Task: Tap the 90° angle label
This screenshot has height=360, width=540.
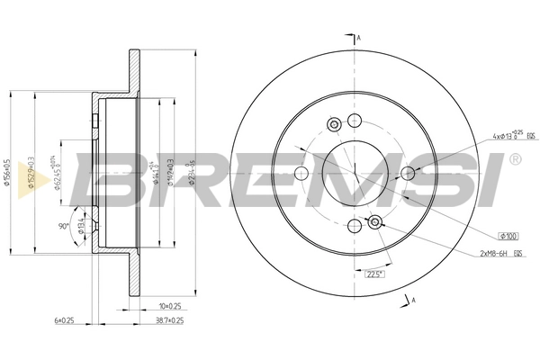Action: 64,226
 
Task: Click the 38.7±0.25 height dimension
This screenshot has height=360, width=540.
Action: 167,319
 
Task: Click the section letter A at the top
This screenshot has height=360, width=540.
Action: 359,38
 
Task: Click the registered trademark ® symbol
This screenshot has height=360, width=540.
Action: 514,160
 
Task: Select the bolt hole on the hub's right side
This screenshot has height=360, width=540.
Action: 407,174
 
